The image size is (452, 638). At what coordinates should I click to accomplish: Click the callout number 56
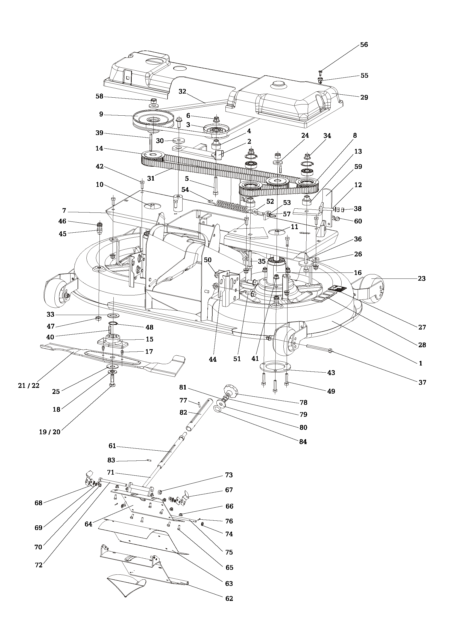pos(364,45)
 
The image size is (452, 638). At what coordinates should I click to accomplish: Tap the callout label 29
pos(364,97)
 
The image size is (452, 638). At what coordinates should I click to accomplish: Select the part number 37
pos(422,382)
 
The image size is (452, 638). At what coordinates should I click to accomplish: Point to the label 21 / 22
pos(29,385)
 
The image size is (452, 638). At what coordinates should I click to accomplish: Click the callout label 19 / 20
pos(49,432)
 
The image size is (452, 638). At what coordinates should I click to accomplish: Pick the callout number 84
pos(303,442)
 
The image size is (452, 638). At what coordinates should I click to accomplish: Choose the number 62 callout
pos(229,598)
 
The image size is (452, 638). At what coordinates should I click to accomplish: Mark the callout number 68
pos(39,503)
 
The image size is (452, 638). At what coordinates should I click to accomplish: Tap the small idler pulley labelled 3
pos(216,130)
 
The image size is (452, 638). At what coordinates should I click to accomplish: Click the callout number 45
pos(63,234)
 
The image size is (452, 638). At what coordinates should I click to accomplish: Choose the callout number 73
pos(229,475)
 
